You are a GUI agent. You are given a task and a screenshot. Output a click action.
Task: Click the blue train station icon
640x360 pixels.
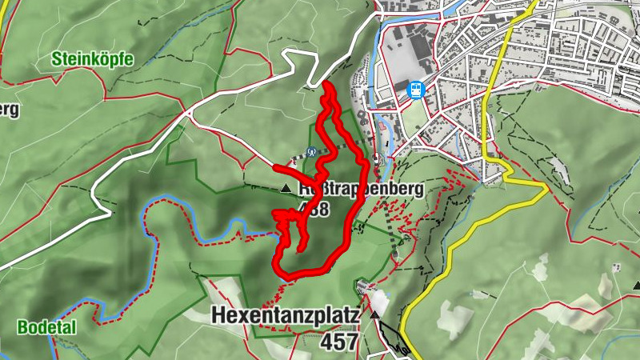[415, 90]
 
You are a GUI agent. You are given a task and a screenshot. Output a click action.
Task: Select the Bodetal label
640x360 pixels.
[46, 327]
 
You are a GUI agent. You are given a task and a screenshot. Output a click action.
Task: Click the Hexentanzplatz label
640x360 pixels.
[285, 316]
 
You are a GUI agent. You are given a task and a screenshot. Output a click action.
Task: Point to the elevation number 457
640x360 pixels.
[338, 342]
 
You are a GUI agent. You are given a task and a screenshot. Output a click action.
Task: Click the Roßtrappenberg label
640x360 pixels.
[359, 191]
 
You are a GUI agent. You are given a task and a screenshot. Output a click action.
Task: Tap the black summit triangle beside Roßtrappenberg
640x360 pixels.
[286, 189]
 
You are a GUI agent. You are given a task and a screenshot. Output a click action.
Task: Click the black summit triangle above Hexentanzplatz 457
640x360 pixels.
[375, 316]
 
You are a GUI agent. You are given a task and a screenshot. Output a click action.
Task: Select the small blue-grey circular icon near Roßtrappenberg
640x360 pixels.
[312, 152]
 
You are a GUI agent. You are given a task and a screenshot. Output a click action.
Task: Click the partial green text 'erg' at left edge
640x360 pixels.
[10, 110]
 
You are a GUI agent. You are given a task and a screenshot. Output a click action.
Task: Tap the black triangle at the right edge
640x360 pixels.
[635, 285]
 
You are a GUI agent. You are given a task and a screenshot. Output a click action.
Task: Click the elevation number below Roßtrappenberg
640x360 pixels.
[314, 210]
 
